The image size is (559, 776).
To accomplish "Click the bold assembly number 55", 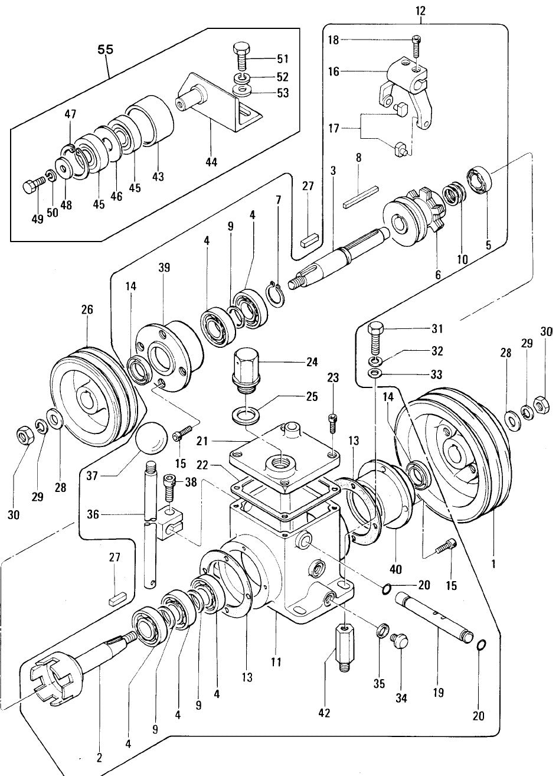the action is click(x=105, y=50).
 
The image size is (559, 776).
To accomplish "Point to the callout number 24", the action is click(x=312, y=362).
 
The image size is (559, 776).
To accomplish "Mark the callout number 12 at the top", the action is click(x=420, y=11).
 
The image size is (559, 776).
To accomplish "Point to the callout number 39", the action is click(x=164, y=268).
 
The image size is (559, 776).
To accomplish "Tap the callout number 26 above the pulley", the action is click(x=87, y=309).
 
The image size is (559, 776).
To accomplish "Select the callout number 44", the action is click(x=211, y=162).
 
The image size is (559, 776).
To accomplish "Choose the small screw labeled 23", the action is click(x=332, y=423).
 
